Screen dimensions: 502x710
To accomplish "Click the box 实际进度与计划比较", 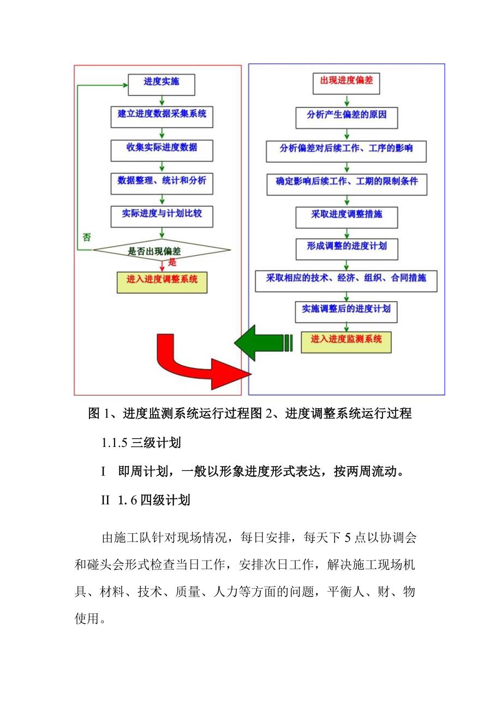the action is [162, 216].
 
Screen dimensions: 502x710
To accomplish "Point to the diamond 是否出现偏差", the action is [162, 251].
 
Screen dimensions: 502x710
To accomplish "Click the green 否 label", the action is [86, 237].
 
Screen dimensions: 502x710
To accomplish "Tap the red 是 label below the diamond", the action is [172, 262].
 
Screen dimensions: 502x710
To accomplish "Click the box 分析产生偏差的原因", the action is [346, 117].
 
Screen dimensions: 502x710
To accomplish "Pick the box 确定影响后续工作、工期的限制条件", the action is [346, 183].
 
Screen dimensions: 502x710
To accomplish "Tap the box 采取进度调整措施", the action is [346, 216].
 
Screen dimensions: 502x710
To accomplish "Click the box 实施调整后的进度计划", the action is [346, 311].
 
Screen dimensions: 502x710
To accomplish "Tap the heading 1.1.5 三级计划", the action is [141, 443].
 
